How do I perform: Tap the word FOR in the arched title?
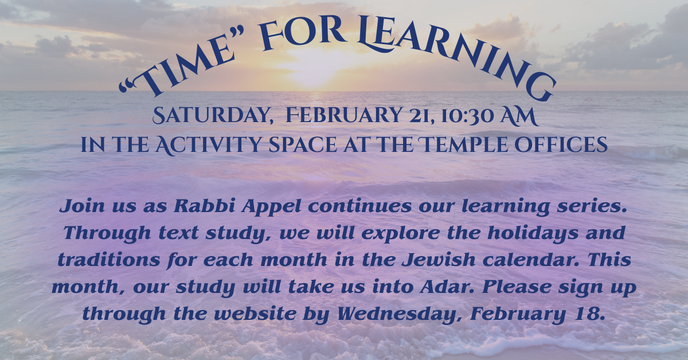(303, 32)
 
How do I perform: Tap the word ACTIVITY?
(208, 145)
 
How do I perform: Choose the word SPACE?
(303, 145)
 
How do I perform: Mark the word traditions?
(109, 260)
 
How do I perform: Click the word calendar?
(530, 260)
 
